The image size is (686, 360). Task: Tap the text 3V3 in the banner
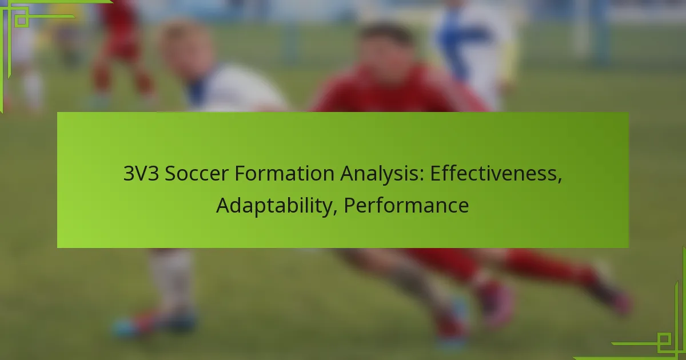pyautogui.click(x=141, y=173)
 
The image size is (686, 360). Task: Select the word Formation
pyautogui.click(x=285, y=173)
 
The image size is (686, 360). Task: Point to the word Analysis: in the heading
pyautogui.click(x=382, y=174)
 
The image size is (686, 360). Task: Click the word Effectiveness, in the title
pyautogui.click(x=496, y=174)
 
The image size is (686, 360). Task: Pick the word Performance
pyautogui.click(x=406, y=206)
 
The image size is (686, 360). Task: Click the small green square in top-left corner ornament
pyautogui.click(x=22, y=21)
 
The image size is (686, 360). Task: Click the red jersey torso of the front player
pyautogui.click(x=398, y=92)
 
